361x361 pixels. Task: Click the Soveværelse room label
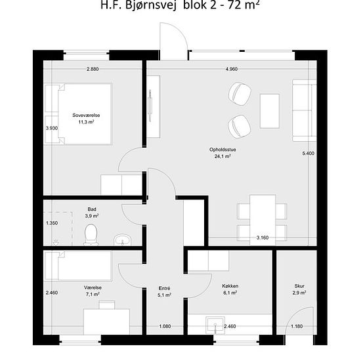point(86,115)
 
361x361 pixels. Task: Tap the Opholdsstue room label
point(223,150)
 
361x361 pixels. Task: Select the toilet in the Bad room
point(91,234)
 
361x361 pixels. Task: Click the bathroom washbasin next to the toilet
point(123,240)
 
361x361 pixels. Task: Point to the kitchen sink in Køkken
point(215,326)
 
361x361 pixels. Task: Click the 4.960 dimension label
point(232,69)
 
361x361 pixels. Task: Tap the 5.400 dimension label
point(308,154)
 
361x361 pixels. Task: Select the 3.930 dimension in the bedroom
point(52,128)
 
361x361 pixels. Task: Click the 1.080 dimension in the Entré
point(165,326)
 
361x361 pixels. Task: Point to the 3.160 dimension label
point(263,238)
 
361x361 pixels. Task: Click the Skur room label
point(299,286)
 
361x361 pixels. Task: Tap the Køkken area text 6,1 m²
point(230,293)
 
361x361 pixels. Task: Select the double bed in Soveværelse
point(79,114)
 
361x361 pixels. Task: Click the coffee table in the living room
point(270,111)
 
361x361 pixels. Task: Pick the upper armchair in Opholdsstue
point(240,94)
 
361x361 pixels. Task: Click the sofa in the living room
point(305,110)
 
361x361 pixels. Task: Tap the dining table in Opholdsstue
point(263,220)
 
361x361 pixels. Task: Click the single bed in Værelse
point(78,266)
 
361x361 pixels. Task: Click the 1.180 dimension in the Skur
point(297,326)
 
